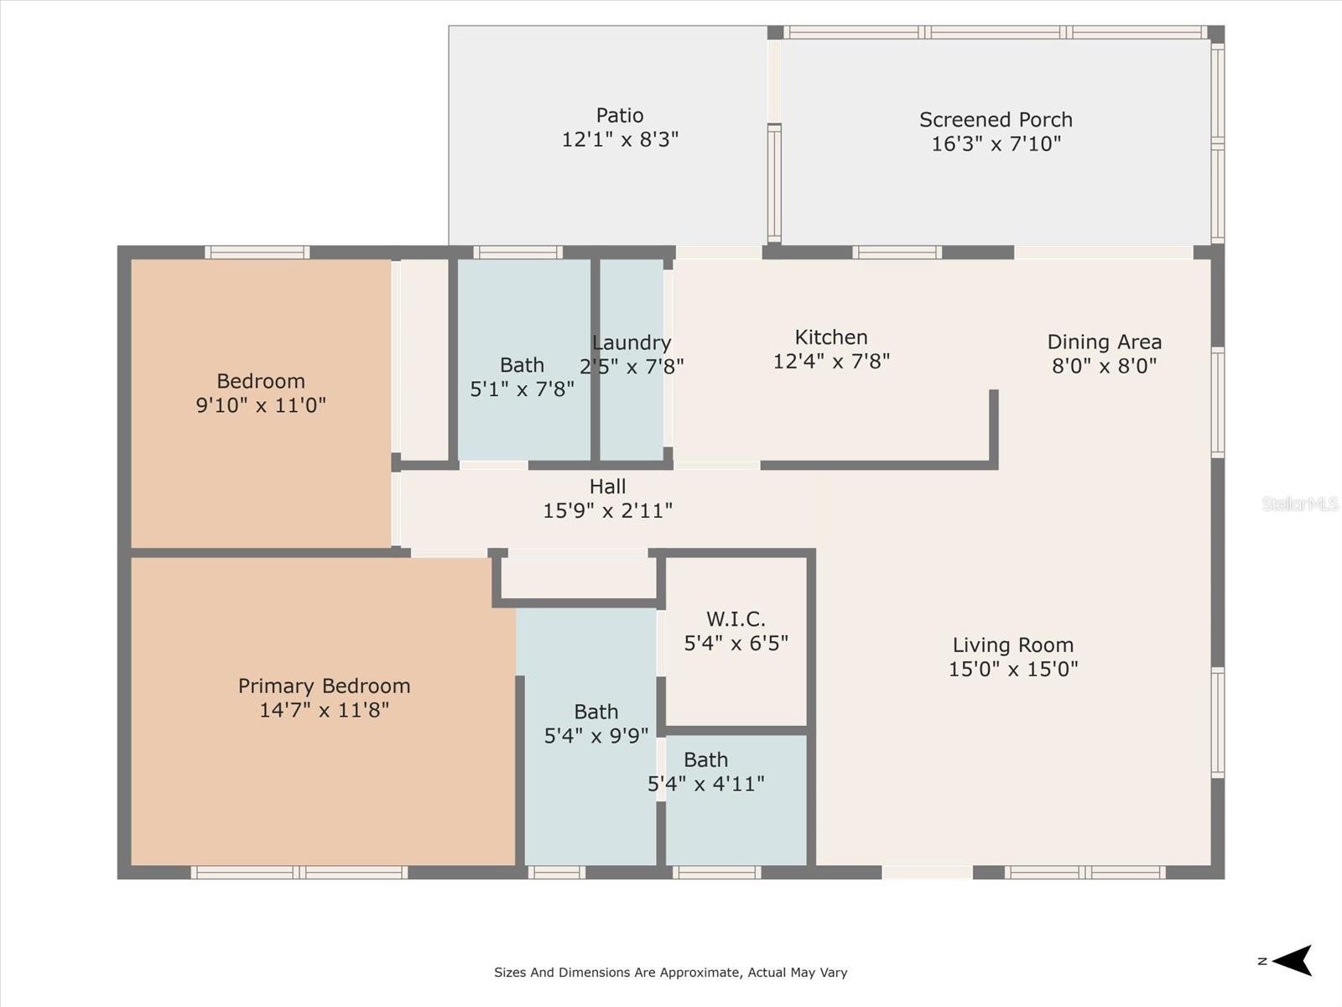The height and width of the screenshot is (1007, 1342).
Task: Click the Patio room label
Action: (619, 115)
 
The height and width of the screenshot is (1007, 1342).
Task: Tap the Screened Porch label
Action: (996, 119)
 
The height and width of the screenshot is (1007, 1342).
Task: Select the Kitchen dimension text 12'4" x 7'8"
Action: (831, 362)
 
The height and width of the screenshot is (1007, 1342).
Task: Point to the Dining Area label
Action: (1104, 342)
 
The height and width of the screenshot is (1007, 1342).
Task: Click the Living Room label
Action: (1013, 645)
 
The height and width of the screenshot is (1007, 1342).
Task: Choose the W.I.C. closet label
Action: (736, 618)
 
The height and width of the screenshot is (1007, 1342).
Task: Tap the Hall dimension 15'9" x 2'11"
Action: (608, 510)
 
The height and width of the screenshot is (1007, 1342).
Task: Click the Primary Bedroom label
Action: (324, 686)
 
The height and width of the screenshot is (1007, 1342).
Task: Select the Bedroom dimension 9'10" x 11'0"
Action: (261, 404)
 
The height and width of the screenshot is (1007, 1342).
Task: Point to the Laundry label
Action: (632, 343)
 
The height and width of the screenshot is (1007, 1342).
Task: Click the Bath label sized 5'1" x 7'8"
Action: (523, 365)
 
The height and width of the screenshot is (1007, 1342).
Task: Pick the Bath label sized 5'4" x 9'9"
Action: (596, 712)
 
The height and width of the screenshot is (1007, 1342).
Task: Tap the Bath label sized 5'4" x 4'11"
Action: (706, 759)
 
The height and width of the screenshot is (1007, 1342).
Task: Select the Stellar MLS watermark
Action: (1300, 503)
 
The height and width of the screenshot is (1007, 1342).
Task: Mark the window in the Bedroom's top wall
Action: (257, 253)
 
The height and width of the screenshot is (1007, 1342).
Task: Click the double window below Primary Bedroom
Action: (299, 873)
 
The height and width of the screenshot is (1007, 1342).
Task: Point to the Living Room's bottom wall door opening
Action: (928, 873)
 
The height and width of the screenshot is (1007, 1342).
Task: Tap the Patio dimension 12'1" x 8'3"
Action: (620, 139)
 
